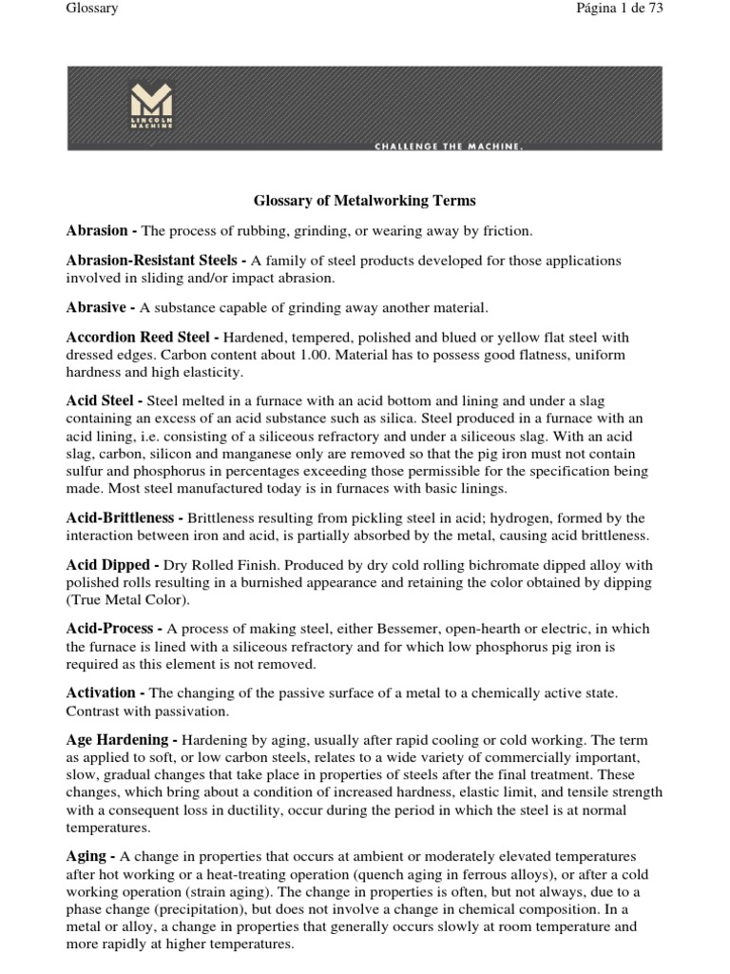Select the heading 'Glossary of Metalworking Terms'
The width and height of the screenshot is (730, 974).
[364, 201]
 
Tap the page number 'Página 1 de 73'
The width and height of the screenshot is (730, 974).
[618, 9]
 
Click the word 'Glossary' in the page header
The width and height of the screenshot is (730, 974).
[92, 9]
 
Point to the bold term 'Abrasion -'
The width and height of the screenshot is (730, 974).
[102, 231]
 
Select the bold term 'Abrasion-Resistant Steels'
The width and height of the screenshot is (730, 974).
[157, 261]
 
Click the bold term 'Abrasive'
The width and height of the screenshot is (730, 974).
[101, 307]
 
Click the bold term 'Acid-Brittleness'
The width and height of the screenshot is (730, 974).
[125, 518]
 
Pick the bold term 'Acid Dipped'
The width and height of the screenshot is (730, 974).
[109, 565]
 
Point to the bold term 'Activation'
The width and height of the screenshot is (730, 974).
[106, 692]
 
